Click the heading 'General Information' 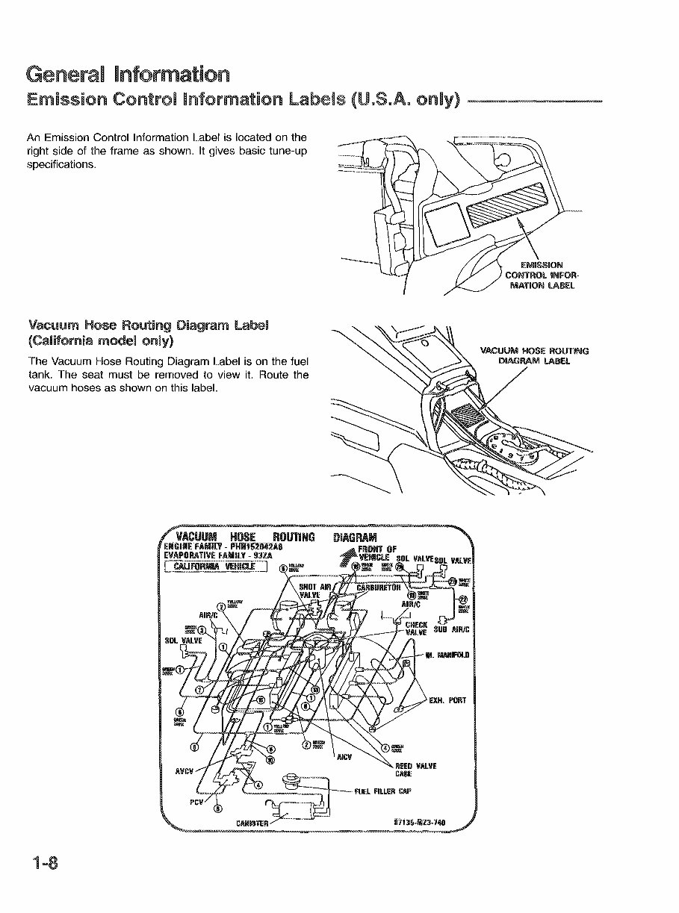(127, 75)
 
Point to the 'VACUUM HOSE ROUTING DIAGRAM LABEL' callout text (534, 355)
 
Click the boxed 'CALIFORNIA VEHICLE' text (215, 567)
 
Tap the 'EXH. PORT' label (448, 700)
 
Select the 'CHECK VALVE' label (415, 629)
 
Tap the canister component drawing (299, 807)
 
